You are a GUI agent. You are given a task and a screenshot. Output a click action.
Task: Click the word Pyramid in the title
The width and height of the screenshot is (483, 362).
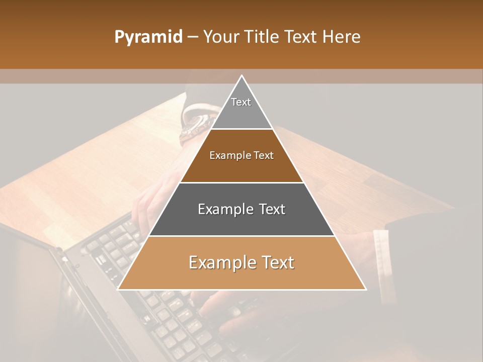point(148,37)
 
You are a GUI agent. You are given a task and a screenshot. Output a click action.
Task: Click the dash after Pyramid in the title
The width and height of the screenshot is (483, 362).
point(193,38)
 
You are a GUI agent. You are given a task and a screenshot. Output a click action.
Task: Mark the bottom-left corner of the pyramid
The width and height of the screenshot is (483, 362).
point(118,289)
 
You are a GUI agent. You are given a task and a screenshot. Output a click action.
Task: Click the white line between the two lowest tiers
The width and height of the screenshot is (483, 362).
point(242,236)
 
